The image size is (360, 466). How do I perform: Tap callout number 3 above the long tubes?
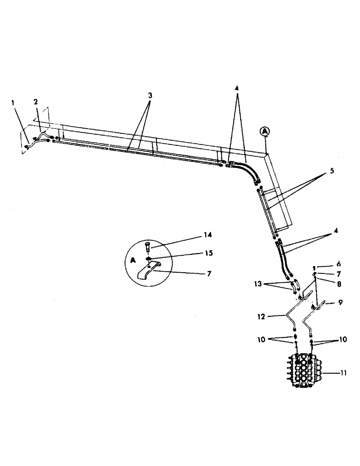[x=150, y=95]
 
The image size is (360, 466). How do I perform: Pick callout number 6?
[x=327, y=263]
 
